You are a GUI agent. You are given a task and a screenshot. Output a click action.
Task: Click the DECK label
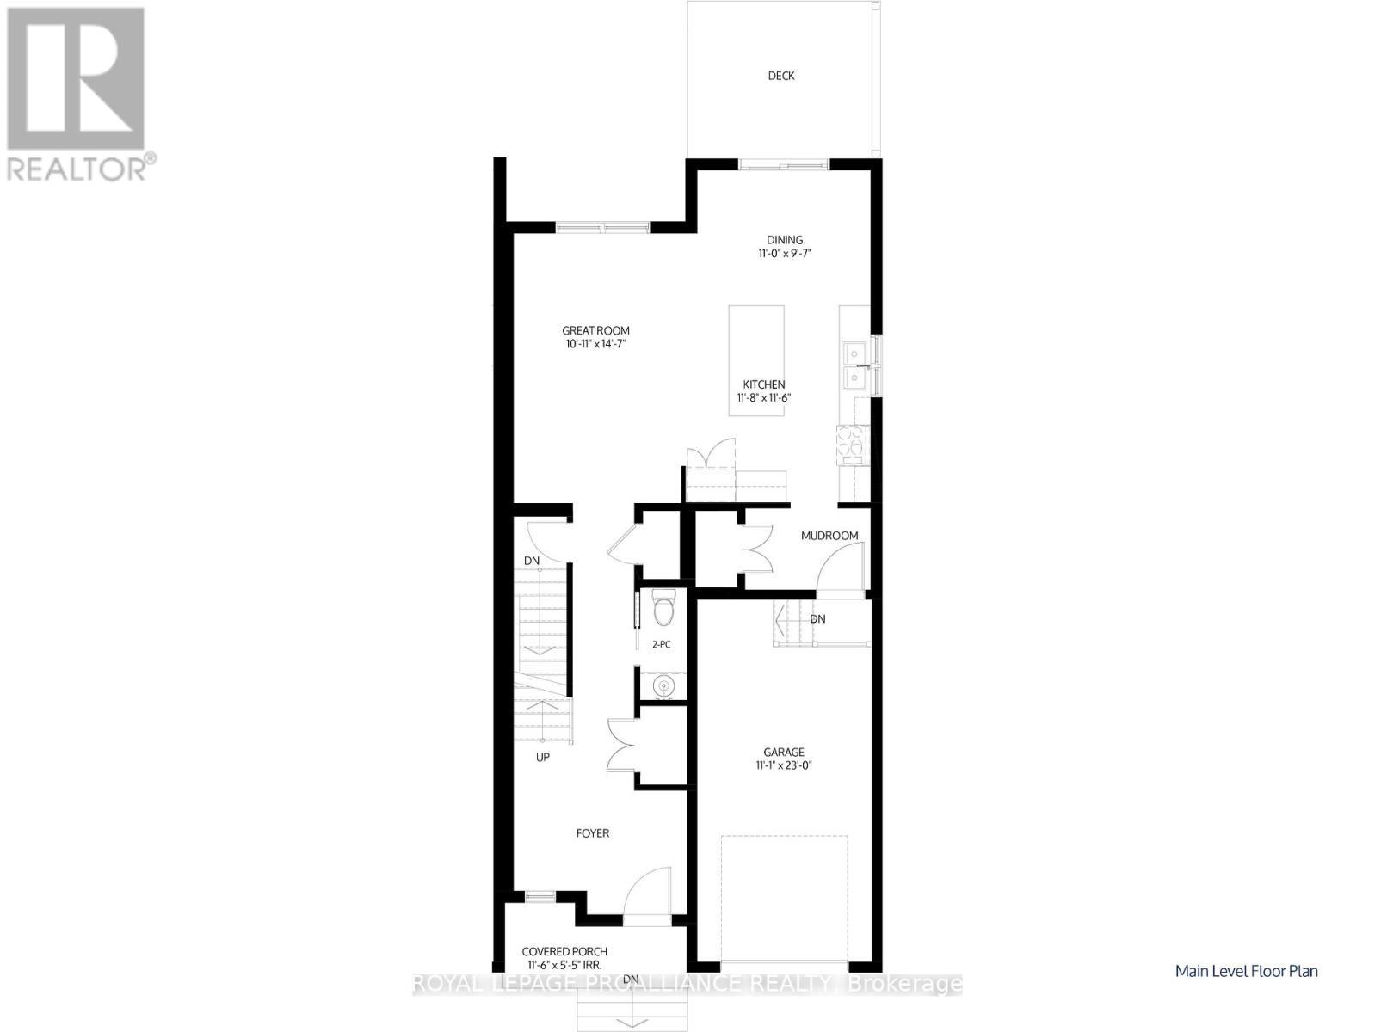click(x=780, y=76)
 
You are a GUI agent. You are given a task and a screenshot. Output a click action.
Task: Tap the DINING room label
click(x=785, y=240)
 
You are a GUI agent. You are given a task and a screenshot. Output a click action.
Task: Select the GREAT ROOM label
click(x=595, y=330)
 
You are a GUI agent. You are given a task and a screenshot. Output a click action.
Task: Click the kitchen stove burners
click(x=854, y=444)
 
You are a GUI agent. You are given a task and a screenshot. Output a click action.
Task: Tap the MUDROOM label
click(x=829, y=536)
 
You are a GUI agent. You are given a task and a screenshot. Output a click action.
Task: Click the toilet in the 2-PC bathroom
click(x=663, y=608)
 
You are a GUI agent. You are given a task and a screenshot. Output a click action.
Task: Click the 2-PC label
click(x=661, y=643)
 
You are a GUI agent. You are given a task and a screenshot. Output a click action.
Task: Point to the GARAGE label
click(x=782, y=751)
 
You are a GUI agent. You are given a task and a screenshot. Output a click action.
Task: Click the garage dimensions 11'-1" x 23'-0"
click(x=782, y=765)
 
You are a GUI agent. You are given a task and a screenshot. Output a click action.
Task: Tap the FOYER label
click(x=593, y=833)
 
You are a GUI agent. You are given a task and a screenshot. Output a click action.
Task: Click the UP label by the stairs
click(x=542, y=758)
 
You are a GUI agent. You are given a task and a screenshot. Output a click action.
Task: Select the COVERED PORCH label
click(x=564, y=951)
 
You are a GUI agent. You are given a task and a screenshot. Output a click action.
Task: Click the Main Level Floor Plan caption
click(x=1246, y=971)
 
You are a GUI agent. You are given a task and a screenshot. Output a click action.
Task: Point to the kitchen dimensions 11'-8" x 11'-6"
click(x=763, y=398)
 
